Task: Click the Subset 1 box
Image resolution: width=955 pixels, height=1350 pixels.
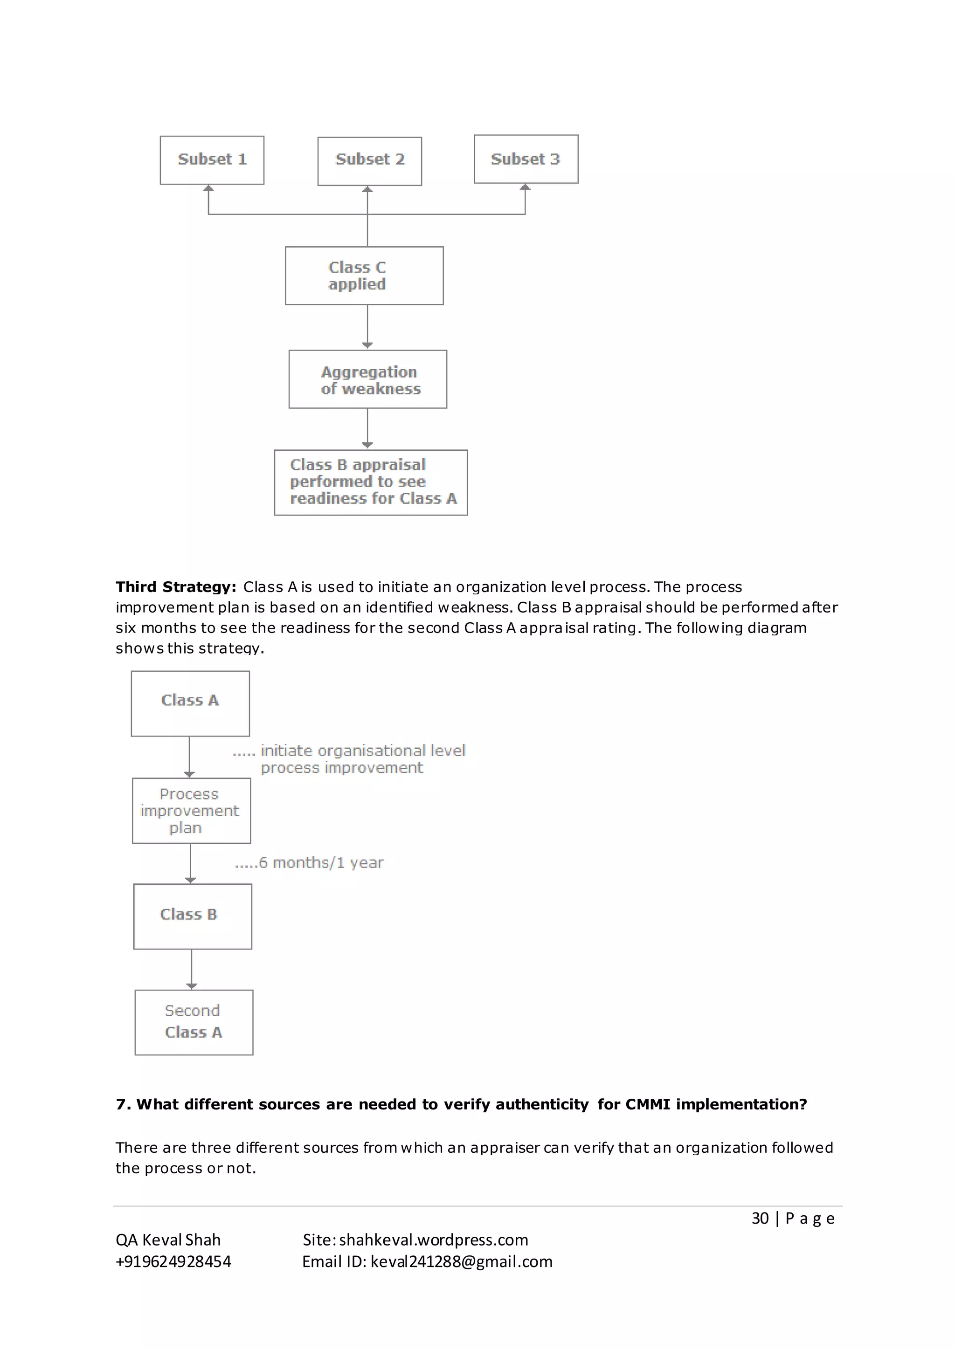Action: point(212,160)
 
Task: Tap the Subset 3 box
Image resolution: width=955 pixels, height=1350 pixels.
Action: point(526,159)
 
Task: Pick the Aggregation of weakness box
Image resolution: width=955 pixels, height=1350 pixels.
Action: point(367,379)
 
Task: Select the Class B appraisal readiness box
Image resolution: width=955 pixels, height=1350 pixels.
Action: point(370,482)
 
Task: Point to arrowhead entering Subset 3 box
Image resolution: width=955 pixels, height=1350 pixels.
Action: point(525,187)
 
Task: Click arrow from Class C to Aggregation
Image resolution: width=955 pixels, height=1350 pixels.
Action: point(367,327)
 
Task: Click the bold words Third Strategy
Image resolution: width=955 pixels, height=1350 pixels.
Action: point(176,587)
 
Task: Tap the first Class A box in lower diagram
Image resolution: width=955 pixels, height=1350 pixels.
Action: point(190,703)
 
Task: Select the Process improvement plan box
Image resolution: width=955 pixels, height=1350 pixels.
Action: point(191,810)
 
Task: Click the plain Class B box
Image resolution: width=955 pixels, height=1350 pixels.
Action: point(192,916)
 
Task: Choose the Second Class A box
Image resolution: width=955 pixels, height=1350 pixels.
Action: point(194,1022)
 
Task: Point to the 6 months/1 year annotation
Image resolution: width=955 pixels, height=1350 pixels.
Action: point(309,862)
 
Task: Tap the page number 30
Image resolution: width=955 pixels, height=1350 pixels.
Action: point(760,1218)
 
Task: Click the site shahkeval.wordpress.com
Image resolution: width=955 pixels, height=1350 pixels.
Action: point(433,1240)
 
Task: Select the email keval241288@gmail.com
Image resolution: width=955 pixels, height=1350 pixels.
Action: point(461,1262)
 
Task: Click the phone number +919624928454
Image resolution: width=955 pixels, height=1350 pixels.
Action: point(173,1262)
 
